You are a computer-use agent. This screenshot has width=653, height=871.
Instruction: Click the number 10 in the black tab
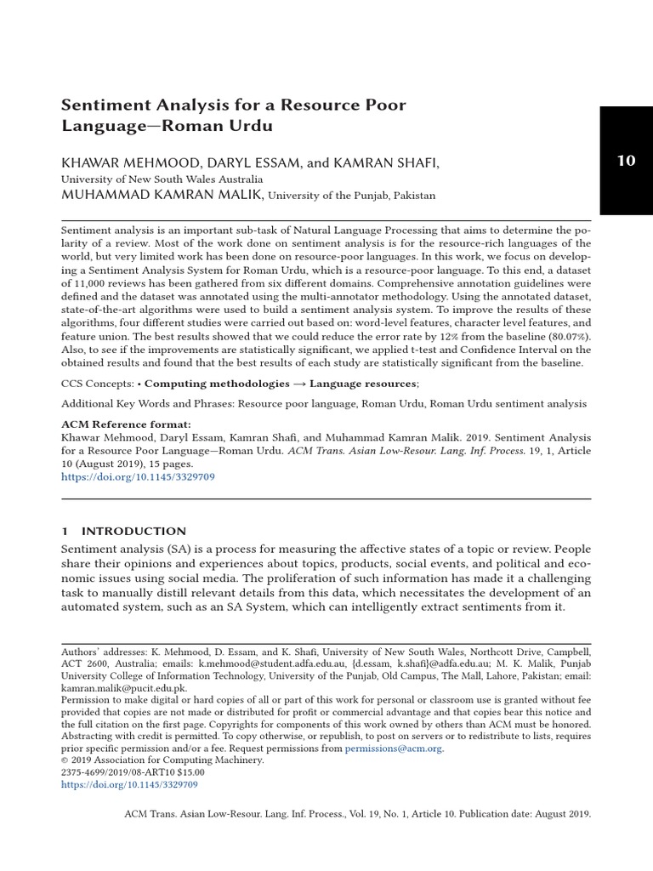pyautogui.click(x=626, y=161)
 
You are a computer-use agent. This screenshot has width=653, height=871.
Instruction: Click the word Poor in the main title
pyautogui.click(x=386, y=105)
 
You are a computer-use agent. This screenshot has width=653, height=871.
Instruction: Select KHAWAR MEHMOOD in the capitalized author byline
pyautogui.click(x=117, y=162)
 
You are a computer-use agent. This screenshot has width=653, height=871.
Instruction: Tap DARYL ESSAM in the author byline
pyautogui.click(x=227, y=162)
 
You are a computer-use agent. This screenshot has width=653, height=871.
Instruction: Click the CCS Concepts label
pyautogui.click(x=97, y=384)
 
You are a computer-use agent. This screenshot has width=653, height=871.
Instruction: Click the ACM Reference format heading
pyautogui.click(x=127, y=424)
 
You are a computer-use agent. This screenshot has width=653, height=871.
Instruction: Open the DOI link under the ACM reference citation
pyautogui.click(x=138, y=478)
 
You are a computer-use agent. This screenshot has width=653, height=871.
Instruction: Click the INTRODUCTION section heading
pyautogui.click(x=134, y=531)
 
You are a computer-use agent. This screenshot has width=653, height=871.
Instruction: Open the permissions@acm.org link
pyautogui.click(x=394, y=749)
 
